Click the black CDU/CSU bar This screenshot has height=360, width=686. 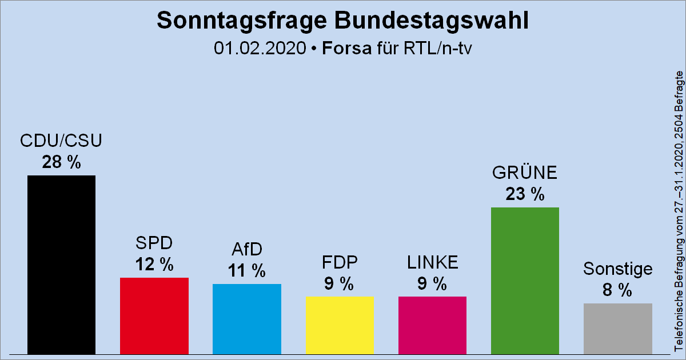coord(61,265)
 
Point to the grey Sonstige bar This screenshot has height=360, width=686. coord(617,329)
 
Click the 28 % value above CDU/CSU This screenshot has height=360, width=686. coord(61,163)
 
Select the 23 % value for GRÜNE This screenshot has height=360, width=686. coord(525,194)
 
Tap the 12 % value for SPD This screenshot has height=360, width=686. coord(154,265)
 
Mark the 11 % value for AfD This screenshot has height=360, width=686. coord(247,271)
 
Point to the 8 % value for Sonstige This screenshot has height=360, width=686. coord(617,290)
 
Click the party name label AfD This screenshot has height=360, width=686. coord(247,250)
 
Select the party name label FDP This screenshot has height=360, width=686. coord(340,263)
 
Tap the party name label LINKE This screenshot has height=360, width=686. coord(432,263)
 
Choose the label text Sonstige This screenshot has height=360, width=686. coord(617,269)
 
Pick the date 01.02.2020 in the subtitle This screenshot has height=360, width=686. coord(261,48)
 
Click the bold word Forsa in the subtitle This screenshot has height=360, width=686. coord(346,48)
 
